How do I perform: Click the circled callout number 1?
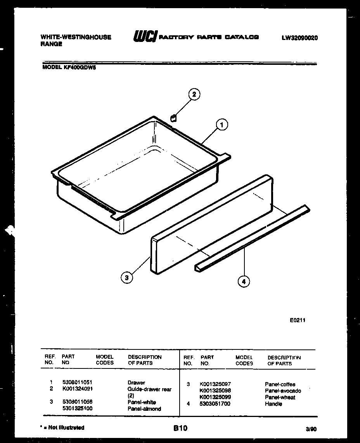222,125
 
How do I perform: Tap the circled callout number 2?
194,94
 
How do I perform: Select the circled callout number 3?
126,278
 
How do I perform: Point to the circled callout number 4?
244,282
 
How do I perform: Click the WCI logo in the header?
145,37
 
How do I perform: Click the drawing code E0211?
297,321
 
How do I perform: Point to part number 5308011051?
77,382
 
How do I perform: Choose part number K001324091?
77,389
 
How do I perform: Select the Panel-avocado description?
283,391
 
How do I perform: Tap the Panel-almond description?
144,408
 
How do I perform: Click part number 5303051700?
215,404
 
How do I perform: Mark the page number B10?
180,428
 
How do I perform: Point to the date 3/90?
311,429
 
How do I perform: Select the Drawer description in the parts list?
136,382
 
